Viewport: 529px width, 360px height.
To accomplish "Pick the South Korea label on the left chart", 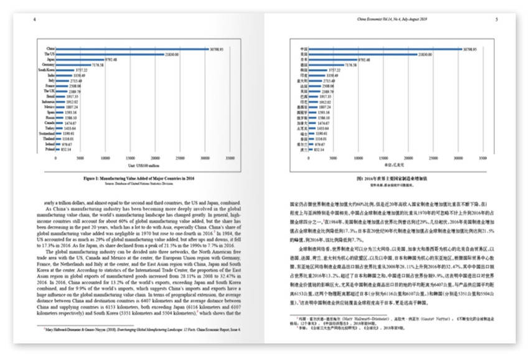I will [x=45, y=70].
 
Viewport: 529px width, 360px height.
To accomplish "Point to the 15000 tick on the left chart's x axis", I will [x=131, y=159].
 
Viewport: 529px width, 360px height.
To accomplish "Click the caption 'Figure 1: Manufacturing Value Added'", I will [x=139, y=178].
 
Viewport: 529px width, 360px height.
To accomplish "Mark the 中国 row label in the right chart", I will [x=303, y=48].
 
